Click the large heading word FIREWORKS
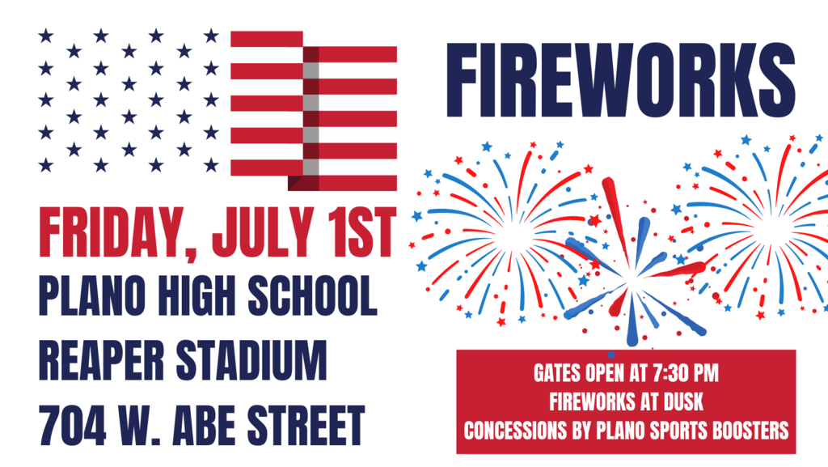621,80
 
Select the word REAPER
101,361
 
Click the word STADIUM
251,361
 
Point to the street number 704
72,426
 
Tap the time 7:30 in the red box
669,373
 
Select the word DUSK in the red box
683,401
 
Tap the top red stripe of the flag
267,39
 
